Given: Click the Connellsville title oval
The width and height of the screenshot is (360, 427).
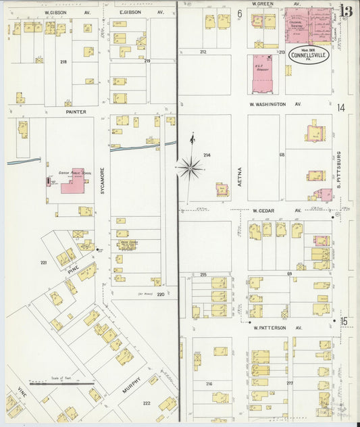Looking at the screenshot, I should [x=309, y=55].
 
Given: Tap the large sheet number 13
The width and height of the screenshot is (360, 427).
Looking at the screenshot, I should [x=346, y=11].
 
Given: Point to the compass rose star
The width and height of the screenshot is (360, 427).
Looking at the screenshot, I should [x=190, y=167].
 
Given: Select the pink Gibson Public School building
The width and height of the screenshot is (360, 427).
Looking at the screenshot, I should [x=72, y=182].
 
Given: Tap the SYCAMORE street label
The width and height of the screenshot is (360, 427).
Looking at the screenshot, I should [x=103, y=180].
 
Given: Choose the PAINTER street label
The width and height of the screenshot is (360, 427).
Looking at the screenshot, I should [x=76, y=111].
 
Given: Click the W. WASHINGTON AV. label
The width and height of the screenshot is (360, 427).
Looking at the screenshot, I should [x=276, y=105].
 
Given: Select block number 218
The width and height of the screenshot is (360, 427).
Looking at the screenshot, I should [x=63, y=61].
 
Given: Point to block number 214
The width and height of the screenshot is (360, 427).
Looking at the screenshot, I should [x=207, y=155].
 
